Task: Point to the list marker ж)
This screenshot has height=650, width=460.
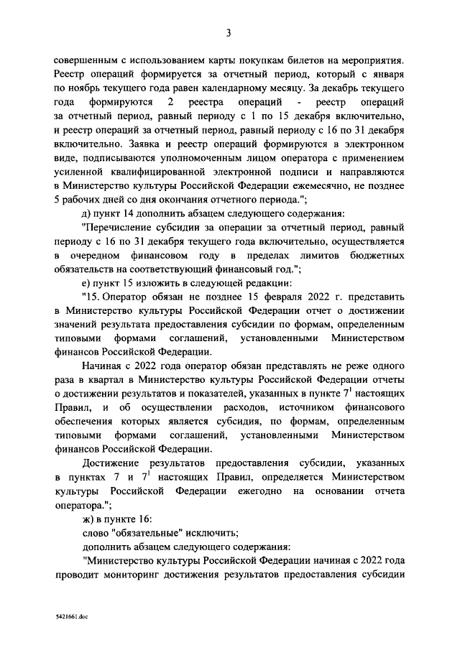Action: (x=89, y=519)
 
